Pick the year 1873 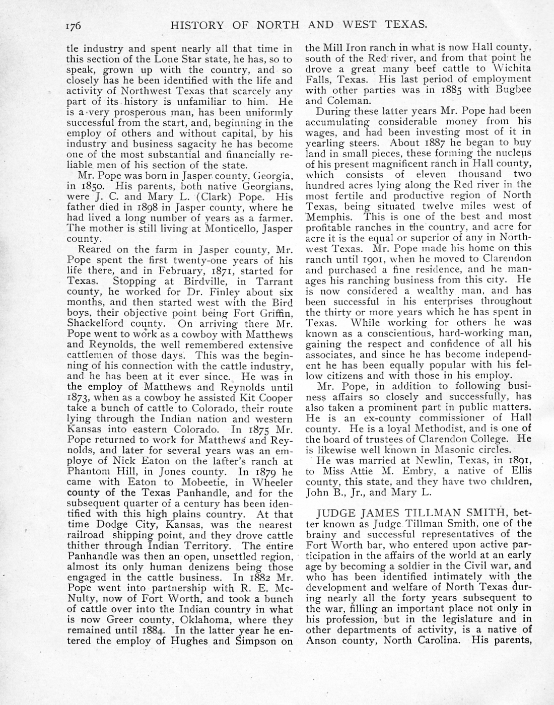click(x=79, y=398)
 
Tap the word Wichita click(x=510, y=68)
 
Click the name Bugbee click(x=512, y=90)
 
